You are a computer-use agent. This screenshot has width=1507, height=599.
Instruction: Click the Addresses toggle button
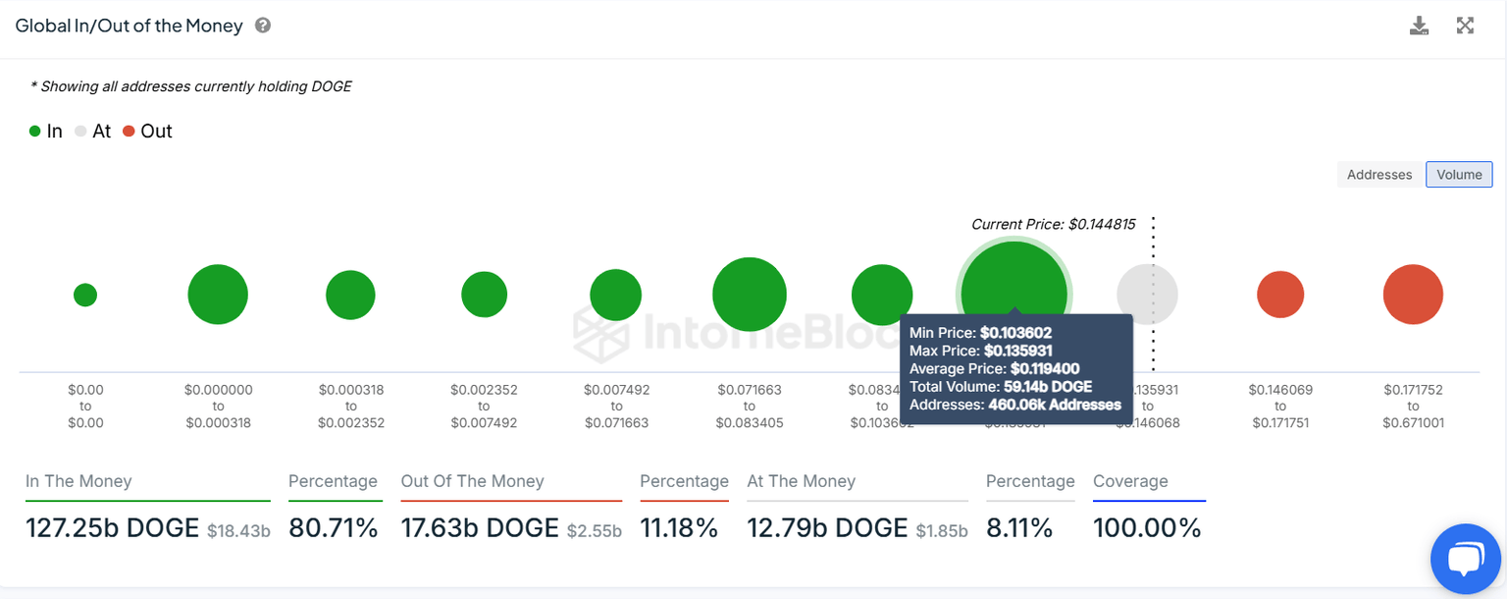click(1378, 175)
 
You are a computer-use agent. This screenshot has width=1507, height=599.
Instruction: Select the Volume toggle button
click(1459, 175)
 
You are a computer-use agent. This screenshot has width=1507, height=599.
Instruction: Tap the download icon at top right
click(1419, 27)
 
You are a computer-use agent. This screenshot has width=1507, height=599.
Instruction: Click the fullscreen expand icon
click(1465, 27)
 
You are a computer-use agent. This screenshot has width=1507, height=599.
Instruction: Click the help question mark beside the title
click(263, 26)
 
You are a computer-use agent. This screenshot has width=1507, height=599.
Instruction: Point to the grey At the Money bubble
click(1147, 295)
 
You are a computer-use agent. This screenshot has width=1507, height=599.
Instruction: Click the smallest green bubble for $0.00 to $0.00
click(85, 295)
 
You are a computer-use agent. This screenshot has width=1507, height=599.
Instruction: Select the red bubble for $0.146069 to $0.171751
click(1280, 295)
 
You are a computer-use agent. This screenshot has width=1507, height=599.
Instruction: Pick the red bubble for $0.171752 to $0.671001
click(1413, 295)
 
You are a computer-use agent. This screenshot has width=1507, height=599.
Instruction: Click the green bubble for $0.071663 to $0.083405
click(750, 295)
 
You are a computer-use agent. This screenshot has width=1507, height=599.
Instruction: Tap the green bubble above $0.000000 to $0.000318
click(218, 295)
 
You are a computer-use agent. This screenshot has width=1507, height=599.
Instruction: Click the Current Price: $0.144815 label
click(1053, 224)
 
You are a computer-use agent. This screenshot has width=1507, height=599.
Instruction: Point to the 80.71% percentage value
click(334, 528)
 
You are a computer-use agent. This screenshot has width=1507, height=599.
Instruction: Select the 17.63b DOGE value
click(480, 528)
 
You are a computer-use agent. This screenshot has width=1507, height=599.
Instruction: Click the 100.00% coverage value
click(1147, 528)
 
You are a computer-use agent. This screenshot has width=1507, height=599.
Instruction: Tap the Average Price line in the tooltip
click(994, 368)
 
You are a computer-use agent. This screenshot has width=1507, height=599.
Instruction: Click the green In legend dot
click(35, 132)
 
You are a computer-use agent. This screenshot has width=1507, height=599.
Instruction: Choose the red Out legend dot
click(129, 132)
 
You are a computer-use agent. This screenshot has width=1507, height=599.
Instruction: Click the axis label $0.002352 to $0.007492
click(484, 407)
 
